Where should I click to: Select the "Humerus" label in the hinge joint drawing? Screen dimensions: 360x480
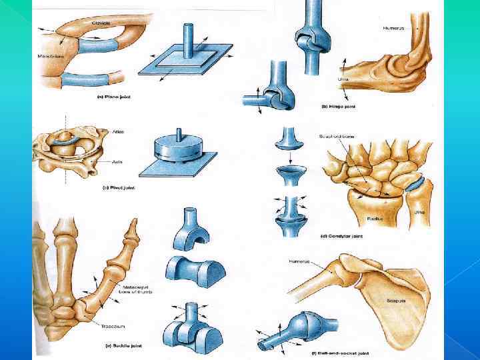(x=393, y=28)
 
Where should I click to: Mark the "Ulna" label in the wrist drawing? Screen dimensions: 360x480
(x=418, y=213)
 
